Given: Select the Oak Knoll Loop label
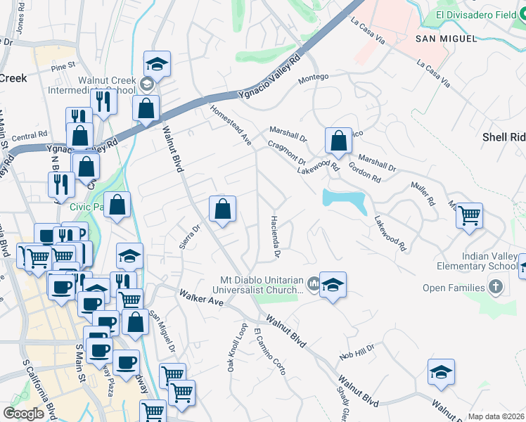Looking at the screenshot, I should (237, 347).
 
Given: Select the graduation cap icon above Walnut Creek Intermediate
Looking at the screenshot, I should (157, 64).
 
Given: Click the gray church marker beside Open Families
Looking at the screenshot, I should (496, 287).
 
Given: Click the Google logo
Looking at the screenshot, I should (23, 414).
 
